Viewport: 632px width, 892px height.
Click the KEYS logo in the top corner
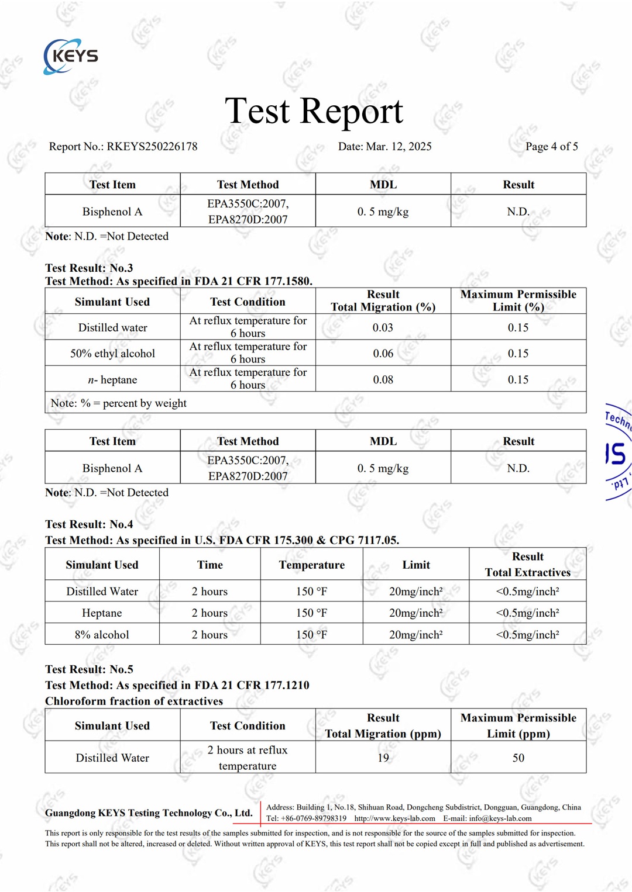click(71, 56)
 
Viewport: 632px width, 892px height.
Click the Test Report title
click(314, 110)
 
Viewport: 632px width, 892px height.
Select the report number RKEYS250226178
click(152, 147)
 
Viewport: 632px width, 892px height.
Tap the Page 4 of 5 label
click(551, 147)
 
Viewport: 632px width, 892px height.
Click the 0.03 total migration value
click(383, 328)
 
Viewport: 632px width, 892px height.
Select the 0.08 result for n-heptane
click(383, 380)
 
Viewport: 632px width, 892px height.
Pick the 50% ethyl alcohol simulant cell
click(112, 354)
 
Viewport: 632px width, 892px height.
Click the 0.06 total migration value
click(383, 354)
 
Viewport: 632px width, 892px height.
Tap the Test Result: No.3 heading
click(89, 268)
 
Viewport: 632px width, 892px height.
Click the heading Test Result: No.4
click(89, 524)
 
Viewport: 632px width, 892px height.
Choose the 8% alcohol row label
click(102, 635)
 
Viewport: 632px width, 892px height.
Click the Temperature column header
click(311, 565)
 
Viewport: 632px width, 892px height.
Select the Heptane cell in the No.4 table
click(102, 613)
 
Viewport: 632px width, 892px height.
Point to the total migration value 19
click(383, 758)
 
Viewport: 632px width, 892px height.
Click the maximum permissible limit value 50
click(518, 758)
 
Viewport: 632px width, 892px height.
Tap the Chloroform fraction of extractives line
click(134, 701)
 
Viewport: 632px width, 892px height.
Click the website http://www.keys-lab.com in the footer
click(394, 818)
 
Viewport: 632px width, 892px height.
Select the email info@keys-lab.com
click(500, 818)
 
